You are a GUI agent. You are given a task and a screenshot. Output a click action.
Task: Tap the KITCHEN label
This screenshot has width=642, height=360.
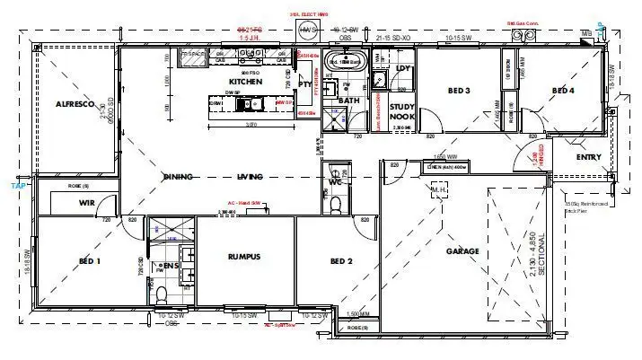(x=245, y=82)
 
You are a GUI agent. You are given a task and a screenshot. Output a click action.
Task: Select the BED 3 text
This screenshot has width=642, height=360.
(x=459, y=90)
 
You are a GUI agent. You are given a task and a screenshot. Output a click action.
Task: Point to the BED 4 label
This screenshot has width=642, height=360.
(x=562, y=90)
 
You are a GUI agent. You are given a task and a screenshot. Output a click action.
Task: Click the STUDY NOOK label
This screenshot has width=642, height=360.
(x=403, y=111)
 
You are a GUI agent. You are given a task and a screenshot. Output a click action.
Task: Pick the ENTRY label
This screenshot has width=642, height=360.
(x=589, y=157)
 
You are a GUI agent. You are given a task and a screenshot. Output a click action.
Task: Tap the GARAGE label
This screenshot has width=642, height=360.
(x=462, y=251)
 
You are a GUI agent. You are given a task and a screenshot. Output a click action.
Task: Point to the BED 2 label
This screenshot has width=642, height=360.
(x=340, y=261)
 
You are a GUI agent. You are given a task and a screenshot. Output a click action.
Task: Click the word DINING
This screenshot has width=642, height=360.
(x=179, y=177)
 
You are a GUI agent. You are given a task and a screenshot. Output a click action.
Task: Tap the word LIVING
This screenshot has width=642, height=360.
(x=249, y=177)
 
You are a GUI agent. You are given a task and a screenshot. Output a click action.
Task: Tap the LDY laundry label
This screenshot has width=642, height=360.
(x=402, y=68)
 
